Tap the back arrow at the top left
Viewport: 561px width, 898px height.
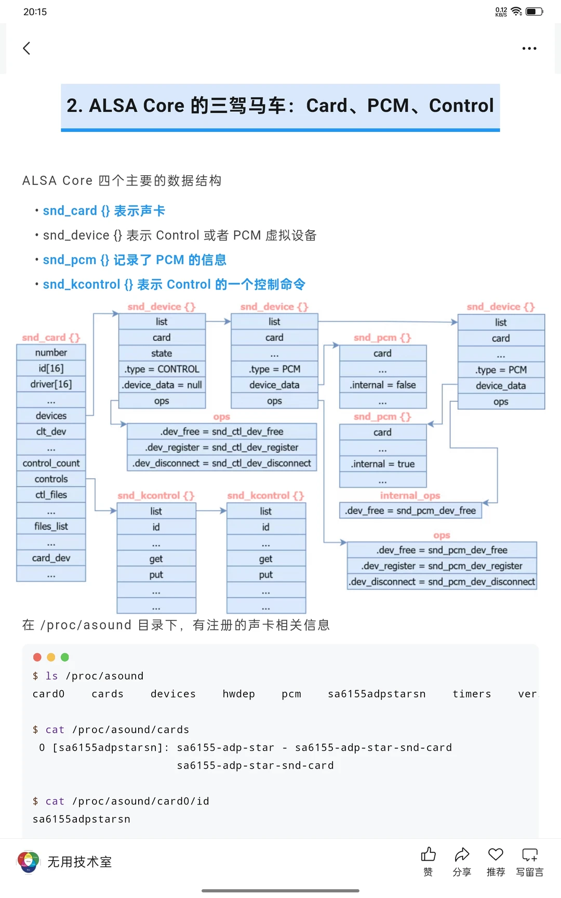[x=27, y=48]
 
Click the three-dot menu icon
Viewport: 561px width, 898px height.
[x=529, y=48]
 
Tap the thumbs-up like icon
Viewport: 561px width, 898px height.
[x=428, y=855]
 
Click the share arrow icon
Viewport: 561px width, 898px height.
[x=462, y=855]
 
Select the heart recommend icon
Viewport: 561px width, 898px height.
[x=496, y=855]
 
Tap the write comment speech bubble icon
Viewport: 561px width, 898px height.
[x=530, y=855]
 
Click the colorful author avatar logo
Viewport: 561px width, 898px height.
[x=29, y=862]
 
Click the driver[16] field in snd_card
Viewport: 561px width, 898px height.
[x=51, y=384]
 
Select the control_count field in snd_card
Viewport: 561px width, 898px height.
[x=51, y=463]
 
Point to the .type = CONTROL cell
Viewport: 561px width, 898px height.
[x=162, y=369]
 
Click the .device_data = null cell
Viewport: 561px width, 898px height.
[x=162, y=385]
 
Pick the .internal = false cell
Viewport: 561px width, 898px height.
[x=382, y=385]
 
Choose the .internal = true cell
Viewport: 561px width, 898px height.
[x=382, y=464]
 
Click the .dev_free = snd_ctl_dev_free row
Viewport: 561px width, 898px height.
[x=222, y=431]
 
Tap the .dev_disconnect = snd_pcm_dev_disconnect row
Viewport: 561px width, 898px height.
[x=442, y=582]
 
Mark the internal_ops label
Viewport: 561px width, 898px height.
[x=410, y=496]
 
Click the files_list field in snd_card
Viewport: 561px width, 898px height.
[x=51, y=526]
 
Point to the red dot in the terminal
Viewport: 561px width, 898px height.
[x=37, y=657]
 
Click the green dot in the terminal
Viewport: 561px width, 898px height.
[x=65, y=657]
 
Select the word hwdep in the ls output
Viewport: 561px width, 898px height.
[x=238, y=694]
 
